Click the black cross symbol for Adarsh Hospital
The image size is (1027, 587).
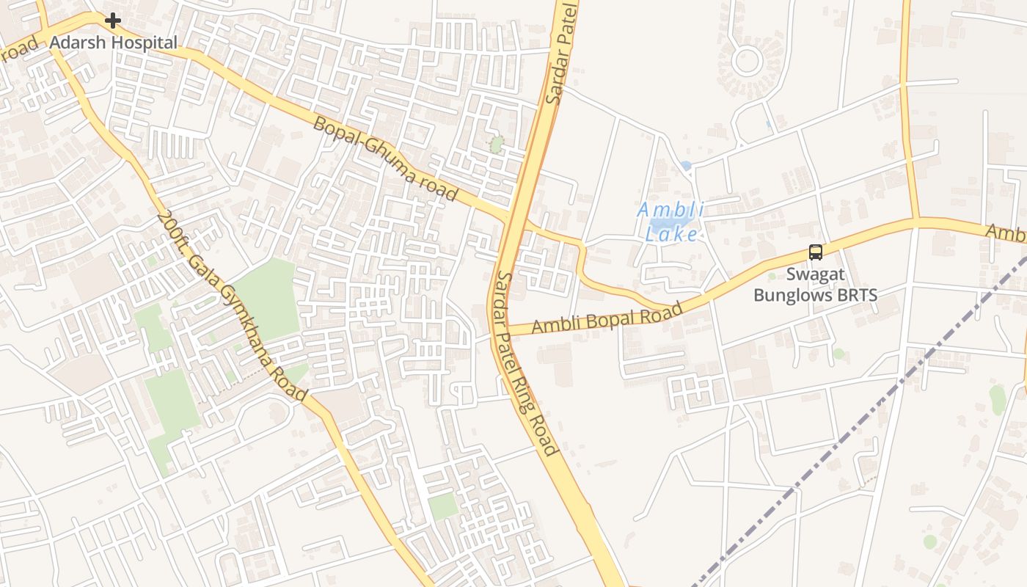click(112, 21)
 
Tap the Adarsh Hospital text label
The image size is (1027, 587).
click(113, 43)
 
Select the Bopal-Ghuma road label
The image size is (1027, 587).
click(385, 158)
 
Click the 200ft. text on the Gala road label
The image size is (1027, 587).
click(169, 228)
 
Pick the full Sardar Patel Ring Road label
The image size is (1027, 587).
click(525, 363)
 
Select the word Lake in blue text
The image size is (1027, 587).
click(671, 235)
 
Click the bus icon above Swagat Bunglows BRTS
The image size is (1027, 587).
click(815, 252)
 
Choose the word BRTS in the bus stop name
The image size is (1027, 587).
click(855, 296)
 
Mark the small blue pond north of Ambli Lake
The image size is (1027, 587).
click(686, 167)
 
